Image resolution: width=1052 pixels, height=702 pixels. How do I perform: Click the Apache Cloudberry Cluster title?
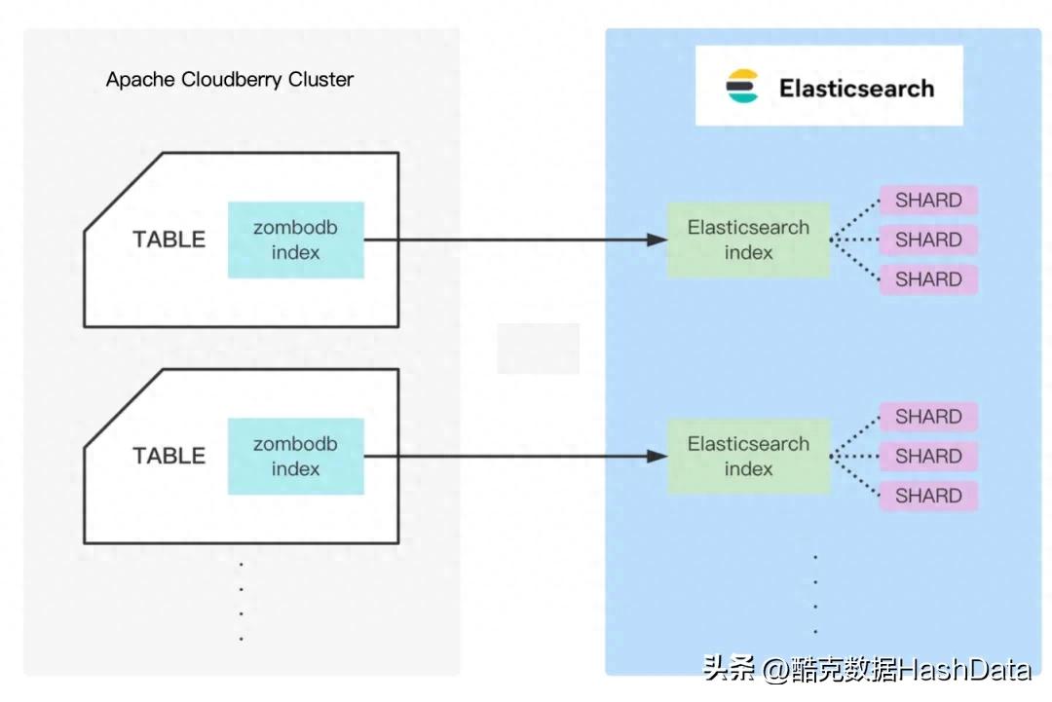click(x=229, y=80)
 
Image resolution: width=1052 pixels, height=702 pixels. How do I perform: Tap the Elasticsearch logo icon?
click(x=742, y=87)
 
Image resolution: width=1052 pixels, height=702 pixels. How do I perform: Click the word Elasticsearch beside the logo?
click(x=856, y=88)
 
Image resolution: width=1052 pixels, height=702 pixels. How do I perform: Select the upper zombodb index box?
click(x=296, y=240)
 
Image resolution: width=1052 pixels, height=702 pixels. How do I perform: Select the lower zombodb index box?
click(x=296, y=456)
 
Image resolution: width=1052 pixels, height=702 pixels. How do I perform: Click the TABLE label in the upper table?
click(x=169, y=240)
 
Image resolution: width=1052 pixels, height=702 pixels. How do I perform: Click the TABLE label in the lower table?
click(x=169, y=456)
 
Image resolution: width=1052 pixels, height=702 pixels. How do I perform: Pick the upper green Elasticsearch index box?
click(x=748, y=240)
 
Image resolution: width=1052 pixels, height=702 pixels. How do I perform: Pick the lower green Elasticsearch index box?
click(x=748, y=456)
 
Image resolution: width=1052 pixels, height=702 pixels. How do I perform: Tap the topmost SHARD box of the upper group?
click(x=928, y=201)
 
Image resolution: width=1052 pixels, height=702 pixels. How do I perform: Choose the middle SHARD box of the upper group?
click(x=928, y=240)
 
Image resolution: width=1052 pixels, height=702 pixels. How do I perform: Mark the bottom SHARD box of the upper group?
click(x=928, y=279)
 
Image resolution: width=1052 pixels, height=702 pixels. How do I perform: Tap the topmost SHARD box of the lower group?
click(x=928, y=417)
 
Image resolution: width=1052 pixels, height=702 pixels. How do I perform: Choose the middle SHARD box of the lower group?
click(x=928, y=456)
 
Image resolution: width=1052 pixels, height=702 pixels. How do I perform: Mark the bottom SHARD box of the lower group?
click(x=928, y=496)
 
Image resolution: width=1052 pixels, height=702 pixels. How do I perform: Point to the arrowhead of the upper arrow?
click(x=657, y=240)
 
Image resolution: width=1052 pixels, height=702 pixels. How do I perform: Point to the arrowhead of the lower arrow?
click(x=657, y=456)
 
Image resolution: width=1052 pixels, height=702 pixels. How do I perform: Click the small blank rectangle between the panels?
click(x=539, y=349)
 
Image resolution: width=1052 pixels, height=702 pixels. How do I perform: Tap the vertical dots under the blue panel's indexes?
click(x=815, y=594)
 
